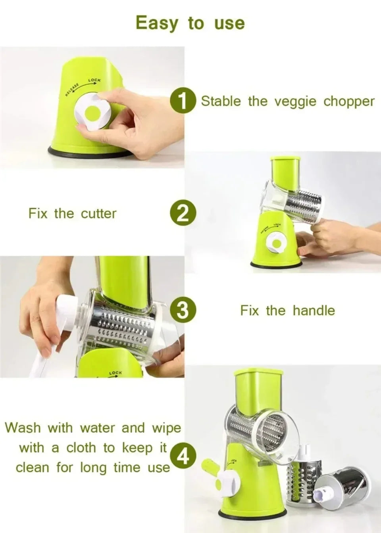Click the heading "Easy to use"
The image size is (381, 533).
pyautogui.click(x=190, y=23)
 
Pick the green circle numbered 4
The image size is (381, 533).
pyautogui.click(x=183, y=457)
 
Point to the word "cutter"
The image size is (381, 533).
pyautogui.click(x=98, y=214)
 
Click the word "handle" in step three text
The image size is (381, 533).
pyautogui.click(x=314, y=311)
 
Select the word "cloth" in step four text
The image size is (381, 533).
pyautogui.click(x=81, y=448)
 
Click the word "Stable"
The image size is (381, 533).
pyautogui.click(x=221, y=101)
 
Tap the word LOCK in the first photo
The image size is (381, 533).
pyautogui.click(x=94, y=81)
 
